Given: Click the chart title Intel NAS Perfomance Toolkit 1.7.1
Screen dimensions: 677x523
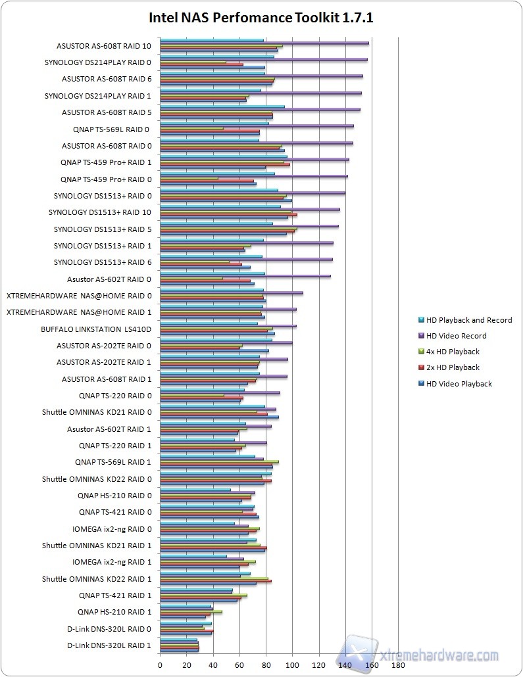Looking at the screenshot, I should coord(261,18).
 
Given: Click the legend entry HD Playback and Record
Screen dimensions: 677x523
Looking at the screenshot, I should coord(468,320).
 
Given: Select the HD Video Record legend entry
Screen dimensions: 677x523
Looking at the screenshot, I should coord(456,336).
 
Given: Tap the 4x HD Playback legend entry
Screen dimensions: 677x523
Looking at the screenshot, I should coord(453,352).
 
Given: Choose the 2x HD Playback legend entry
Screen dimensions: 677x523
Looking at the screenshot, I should coord(453,367).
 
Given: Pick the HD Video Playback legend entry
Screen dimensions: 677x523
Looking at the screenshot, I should coord(459,383).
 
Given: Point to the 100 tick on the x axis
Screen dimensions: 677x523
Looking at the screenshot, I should coord(292,665).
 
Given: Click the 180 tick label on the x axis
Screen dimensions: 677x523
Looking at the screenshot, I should coord(398,665).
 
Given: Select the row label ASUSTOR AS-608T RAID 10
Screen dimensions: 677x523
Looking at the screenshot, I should coord(104,46).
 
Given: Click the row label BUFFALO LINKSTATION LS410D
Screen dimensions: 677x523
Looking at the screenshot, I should coord(96,329).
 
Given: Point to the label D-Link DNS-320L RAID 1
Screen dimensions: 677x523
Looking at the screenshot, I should coord(109,645).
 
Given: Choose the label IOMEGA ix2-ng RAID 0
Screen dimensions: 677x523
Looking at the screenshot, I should coord(112,528).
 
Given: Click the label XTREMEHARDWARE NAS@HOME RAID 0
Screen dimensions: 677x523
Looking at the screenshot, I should coord(79,296).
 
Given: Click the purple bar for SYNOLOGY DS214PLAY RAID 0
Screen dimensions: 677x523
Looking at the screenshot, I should coord(263,59).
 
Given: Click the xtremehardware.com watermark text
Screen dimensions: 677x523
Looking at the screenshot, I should coord(439,655).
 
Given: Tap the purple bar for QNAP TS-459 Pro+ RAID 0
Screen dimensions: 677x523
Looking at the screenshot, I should coord(254,176).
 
